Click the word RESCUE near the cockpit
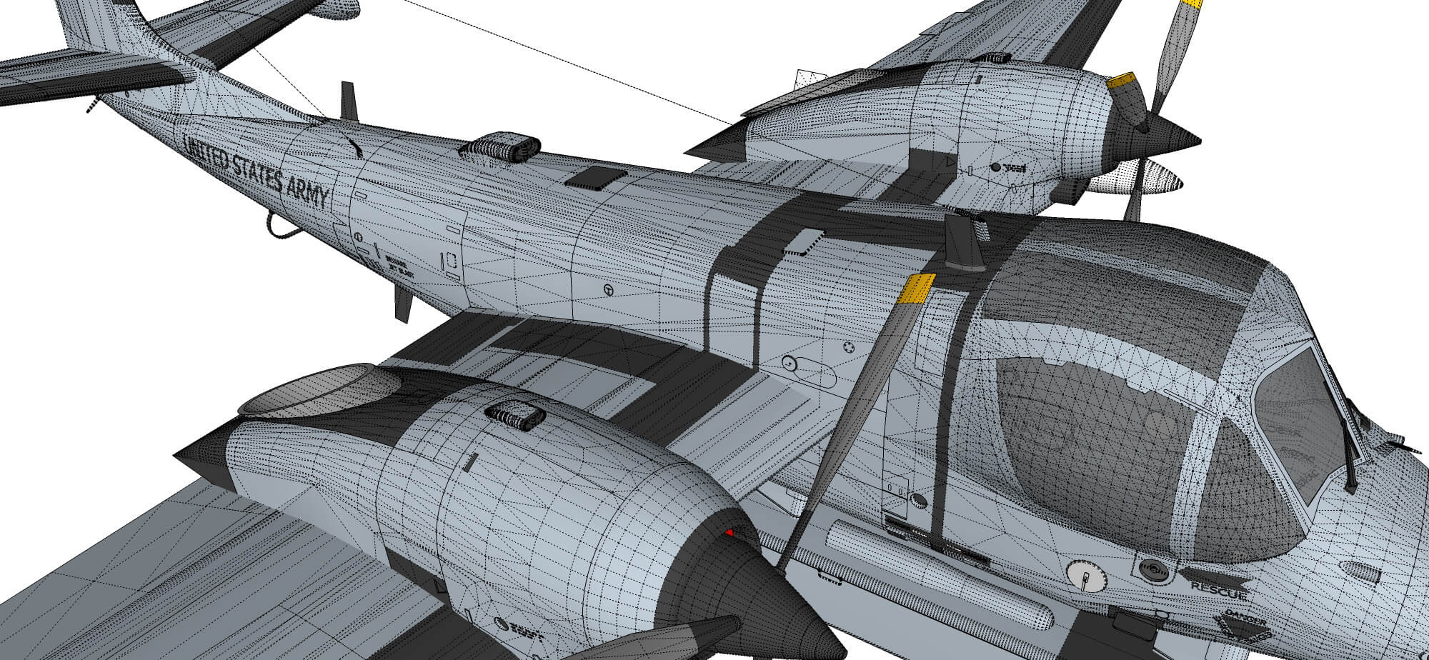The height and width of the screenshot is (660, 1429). [1219, 589]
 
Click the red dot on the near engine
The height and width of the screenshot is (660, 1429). [730, 532]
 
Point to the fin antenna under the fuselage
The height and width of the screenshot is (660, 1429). [402, 303]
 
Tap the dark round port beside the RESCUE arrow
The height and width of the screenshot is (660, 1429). [1152, 569]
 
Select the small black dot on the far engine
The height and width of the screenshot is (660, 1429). [995, 168]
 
